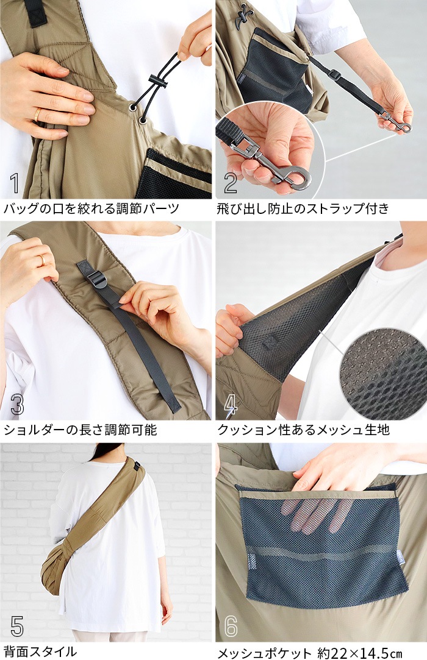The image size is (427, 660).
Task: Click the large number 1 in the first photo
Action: (x=15, y=183)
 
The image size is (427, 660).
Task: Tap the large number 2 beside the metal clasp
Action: (x=231, y=183)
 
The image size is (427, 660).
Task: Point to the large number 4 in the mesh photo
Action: (x=231, y=405)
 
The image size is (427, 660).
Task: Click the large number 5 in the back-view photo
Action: (x=17, y=626)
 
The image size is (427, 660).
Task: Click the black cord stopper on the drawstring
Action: (x=157, y=80)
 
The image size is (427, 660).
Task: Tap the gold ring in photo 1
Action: (x=38, y=115)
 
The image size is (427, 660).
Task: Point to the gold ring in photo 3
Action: (x=41, y=261)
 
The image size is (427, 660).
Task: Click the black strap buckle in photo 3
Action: (x=96, y=279)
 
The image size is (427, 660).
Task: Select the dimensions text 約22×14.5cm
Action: (x=359, y=652)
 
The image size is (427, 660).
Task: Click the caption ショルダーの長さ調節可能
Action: (x=80, y=430)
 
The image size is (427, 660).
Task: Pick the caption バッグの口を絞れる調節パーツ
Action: (x=91, y=208)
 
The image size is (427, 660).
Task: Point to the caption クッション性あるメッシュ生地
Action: (x=304, y=430)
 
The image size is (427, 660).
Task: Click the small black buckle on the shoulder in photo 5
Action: (x=137, y=466)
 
